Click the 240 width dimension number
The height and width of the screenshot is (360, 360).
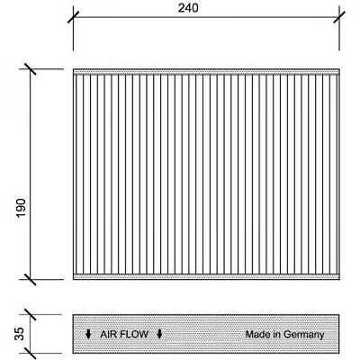188,8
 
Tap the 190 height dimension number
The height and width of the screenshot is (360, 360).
22,208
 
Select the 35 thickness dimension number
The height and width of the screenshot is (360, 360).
19,334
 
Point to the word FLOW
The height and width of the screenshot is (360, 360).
134,334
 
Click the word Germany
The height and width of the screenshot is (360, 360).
303,335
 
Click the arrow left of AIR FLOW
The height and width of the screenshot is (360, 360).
88,334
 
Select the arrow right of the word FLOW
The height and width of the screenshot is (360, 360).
159,334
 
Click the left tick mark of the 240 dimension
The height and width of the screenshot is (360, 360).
73,17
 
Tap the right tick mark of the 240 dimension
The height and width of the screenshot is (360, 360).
339,17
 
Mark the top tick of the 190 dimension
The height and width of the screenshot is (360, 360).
30,69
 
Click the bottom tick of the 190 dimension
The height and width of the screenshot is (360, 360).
30,279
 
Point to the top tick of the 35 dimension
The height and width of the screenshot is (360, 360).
30,314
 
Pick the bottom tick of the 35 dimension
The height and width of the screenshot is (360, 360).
30,354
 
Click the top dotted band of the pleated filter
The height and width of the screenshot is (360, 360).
206,72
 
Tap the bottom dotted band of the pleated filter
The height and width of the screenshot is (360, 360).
206,276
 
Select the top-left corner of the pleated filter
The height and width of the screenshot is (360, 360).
73,69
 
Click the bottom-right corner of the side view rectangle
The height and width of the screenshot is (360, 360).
339,353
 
